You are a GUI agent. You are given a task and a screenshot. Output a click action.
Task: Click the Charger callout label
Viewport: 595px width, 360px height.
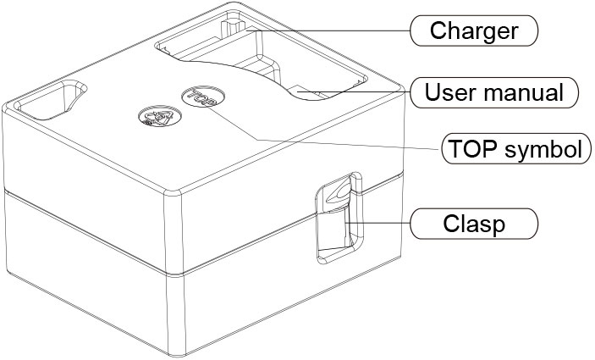click(474, 31)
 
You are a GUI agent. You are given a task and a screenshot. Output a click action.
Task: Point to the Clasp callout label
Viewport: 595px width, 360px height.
click(474, 224)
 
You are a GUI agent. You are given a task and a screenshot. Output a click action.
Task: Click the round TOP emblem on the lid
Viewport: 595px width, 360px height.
click(198, 98)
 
